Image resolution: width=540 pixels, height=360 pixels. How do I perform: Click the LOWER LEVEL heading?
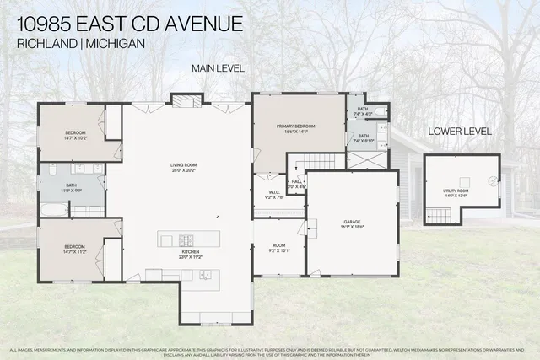coord(460,132)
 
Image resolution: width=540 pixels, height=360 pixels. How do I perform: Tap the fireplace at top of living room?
coord(183,101)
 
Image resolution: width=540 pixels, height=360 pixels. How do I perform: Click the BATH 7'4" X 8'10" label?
coord(363,138)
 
